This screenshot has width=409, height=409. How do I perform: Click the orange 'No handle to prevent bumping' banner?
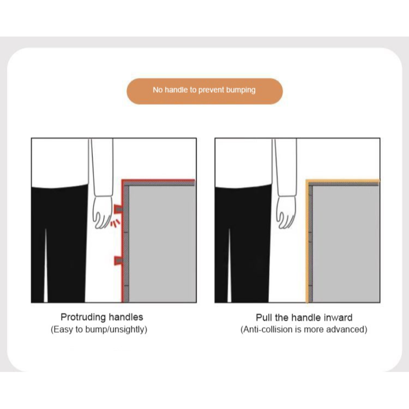[205, 91]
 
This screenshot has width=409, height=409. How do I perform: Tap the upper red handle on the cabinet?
[119, 209]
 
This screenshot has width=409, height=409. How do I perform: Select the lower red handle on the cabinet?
[119, 260]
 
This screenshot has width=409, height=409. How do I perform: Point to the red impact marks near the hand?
[115, 223]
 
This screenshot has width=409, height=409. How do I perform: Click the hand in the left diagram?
[103, 212]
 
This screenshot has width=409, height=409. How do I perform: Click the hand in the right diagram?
[286, 212]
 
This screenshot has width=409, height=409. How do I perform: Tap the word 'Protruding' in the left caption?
[83, 317]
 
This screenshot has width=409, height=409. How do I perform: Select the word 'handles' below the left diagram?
[126, 317]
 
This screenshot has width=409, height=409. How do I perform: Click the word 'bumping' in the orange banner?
[241, 90]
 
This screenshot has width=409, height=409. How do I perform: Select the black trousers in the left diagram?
[59, 244]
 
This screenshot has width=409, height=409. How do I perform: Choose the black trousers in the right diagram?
[243, 244]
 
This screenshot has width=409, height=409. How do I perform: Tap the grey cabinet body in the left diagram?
[162, 244]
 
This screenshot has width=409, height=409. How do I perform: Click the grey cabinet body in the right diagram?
[346, 244]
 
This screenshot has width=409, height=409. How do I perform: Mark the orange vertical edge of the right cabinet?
[307, 241]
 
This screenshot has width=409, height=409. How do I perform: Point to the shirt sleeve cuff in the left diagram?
[103, 193]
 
